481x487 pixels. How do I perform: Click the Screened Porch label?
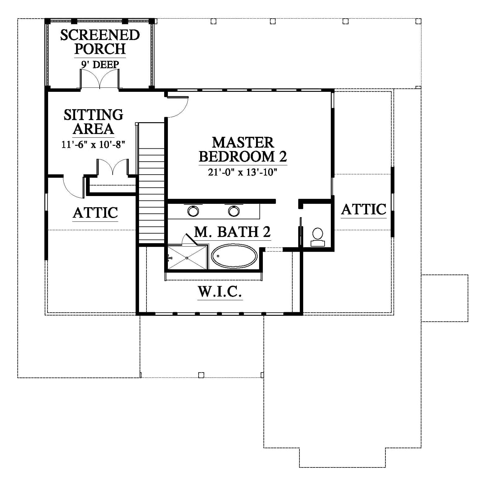click(100, 42)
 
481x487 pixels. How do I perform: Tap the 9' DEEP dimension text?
click(100, 65)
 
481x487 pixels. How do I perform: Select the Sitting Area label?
click(93, 122)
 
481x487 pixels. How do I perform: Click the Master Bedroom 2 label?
click(243, 150)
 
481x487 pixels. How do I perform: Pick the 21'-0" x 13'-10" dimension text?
click(242, 172)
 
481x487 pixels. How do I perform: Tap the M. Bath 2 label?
click(232, 232)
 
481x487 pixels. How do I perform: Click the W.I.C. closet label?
click(220, 292)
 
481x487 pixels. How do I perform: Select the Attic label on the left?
click(95, 213)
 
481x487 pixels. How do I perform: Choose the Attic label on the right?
click(364, 209)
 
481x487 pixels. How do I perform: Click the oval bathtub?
click(234, 257)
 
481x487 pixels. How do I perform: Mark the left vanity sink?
click(193, 211)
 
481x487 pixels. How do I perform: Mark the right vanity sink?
click(234, 211)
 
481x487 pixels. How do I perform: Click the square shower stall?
click(187, 258)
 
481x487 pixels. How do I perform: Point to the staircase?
click(151, 183)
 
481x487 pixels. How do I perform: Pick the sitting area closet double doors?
click(112, 168)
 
